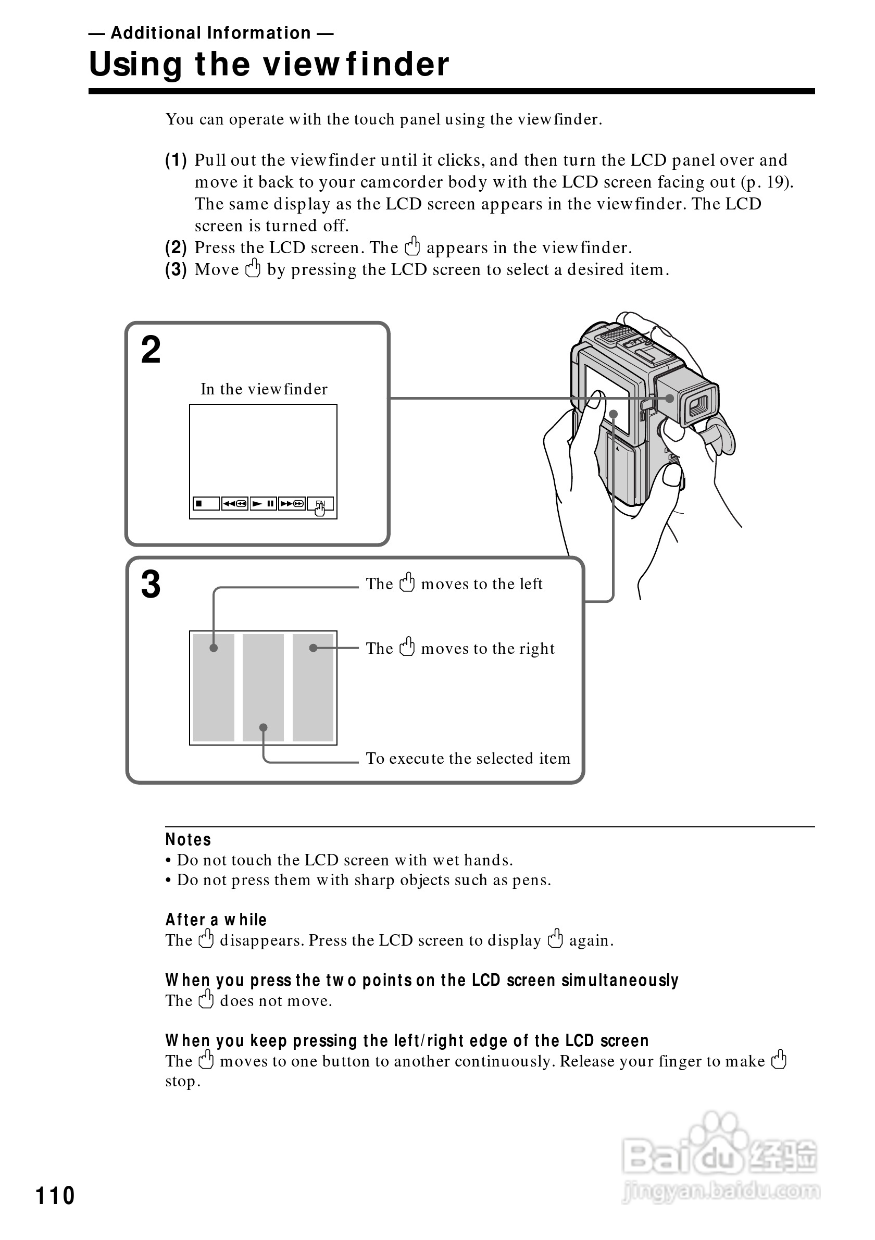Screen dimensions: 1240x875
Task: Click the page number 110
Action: [55, 1196]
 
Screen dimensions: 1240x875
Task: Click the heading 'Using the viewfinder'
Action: [269, 64]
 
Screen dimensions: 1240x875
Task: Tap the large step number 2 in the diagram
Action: [151, 350]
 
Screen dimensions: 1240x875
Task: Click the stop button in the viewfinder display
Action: [206, 503]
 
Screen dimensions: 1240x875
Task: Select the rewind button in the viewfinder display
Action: [235, 503]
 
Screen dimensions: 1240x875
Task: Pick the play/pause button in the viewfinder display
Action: [264, 503]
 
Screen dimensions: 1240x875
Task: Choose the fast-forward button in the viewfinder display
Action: [292, 503]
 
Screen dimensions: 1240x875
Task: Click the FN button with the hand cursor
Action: [321, 504]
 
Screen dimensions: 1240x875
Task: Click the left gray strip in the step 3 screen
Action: [214, 688]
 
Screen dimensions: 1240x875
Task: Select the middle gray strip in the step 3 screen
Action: [264, 688]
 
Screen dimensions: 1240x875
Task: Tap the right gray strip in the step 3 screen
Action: [313, 688]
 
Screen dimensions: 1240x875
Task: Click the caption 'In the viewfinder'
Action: [264, 389]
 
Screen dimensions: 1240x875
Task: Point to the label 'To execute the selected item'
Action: [468, 758]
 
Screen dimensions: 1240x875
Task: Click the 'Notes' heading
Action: [188, 839]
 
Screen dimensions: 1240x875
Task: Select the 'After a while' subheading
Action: [216, 919]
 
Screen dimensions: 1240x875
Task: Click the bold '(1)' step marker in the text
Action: [176, 160]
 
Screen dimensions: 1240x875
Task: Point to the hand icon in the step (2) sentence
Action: [413, 246]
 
